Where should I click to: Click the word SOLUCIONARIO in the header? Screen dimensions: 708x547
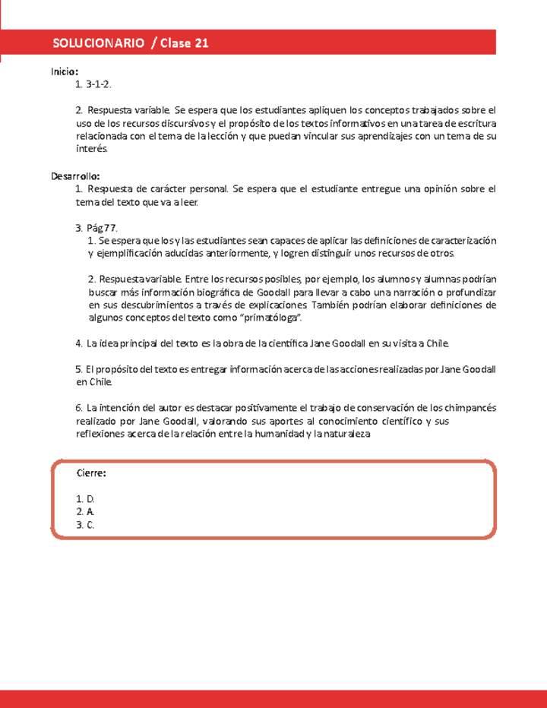[98, 43]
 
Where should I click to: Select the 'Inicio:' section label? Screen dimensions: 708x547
[65, 71]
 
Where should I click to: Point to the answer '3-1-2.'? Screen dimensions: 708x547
[99, 84]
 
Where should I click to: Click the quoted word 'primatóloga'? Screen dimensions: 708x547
[280, 318]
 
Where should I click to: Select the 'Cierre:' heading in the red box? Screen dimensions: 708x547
[91, 473]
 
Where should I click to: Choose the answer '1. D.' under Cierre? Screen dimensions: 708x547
[85, 499]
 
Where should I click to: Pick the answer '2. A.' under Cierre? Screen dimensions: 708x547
[85, 512]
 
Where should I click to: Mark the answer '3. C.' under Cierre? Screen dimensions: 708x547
[85, 525]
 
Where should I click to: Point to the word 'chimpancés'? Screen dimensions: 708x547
[470, 408]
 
